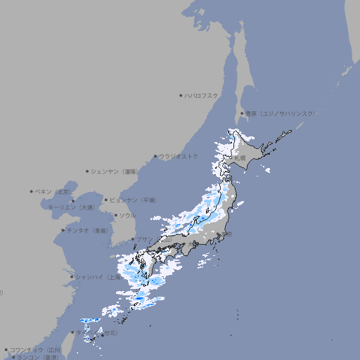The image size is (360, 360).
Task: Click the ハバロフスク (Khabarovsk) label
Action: tap(202, 95)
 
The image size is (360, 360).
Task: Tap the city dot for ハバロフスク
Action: tap(181, 95)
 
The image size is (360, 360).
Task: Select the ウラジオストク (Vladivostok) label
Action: tap(179, 156)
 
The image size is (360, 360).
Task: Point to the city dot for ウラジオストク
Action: tap(155, 157)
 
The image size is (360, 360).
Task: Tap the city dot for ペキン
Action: tap(32, 191)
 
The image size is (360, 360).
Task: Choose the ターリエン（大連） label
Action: tap(71, 207)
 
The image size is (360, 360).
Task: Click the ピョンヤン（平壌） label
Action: tap(134, 200)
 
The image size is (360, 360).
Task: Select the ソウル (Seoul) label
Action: tap(127, 215)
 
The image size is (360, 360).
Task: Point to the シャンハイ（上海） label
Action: tap(98, 276)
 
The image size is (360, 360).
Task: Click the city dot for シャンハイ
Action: tap(72, 276)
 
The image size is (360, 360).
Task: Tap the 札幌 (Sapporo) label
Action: tap(240, 158)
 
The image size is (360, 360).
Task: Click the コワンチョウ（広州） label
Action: tap(36, 349)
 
